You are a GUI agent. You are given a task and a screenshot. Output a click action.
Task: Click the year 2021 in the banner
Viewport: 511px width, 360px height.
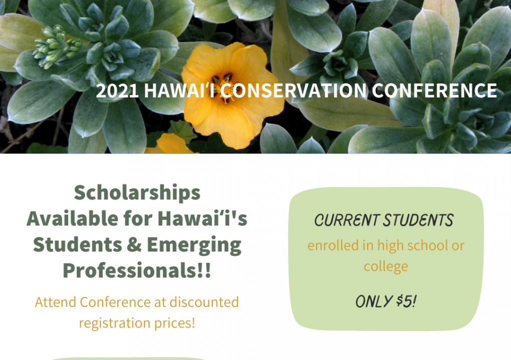[x=117, y=91]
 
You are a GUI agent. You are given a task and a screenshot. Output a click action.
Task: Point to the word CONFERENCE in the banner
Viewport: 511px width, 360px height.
[x=434, y=91]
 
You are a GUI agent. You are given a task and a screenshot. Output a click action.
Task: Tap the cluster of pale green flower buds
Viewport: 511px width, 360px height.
[x=56, y=47]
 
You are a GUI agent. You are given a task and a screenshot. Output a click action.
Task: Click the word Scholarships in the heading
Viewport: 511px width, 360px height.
[x=137, y=193]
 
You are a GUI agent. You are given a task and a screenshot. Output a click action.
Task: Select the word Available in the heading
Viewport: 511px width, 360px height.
[x=72, y=218]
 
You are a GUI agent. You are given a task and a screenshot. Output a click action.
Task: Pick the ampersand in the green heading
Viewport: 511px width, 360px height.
[x=134, y=245]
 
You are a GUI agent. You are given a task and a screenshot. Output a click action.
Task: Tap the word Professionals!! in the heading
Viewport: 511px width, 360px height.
[x=137, y=270]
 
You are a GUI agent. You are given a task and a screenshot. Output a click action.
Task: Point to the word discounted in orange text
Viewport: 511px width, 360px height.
[x=204, y=302]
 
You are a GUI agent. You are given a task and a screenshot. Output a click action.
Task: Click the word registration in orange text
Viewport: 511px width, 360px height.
[x=115, y=323]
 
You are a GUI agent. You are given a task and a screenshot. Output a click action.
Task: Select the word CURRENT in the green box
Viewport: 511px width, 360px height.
[x=347, y=221]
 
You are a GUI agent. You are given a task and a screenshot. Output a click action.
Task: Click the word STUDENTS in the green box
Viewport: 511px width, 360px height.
[x=418, y=221]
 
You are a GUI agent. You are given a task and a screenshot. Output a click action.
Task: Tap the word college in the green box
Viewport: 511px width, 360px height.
[x=386, y=266]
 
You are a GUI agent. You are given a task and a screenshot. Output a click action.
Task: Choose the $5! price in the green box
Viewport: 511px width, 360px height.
[x=407, y=301]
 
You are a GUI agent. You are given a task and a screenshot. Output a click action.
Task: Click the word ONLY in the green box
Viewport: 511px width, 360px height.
[x=374, y=301]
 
